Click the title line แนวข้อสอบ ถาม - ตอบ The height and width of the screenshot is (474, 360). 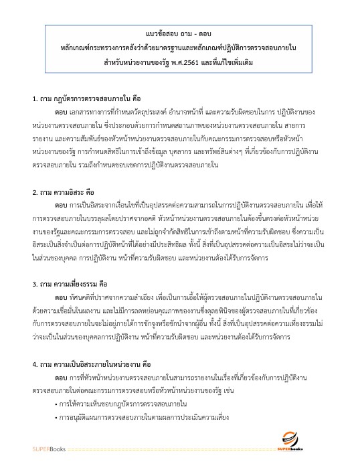[x=179, y=33]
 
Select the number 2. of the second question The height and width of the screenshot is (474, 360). [x=35, y=193]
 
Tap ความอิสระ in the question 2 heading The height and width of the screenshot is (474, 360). [x=75, y=193]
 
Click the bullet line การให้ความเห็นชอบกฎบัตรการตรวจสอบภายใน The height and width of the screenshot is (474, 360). [x=132, y=406]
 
